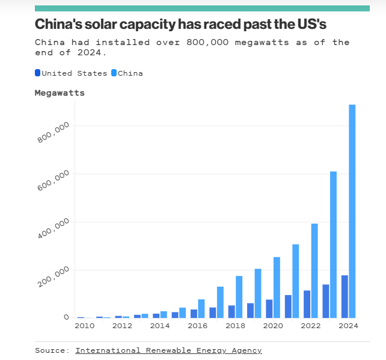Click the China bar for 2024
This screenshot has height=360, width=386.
point(352,211)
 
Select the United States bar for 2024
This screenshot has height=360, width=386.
point(345,296)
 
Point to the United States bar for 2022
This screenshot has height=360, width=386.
point(307,304)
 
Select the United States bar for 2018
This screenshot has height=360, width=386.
point(231,311)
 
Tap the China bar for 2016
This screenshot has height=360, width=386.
point(201,308)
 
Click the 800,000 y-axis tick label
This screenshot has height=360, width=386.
point(54,132)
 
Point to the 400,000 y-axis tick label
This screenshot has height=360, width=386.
point(54,228)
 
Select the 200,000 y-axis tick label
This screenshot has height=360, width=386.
point(54,276)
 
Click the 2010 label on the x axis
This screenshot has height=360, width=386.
point(84,326)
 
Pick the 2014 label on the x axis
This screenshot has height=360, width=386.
point(160,326)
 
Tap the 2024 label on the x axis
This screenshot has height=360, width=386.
point(348,326)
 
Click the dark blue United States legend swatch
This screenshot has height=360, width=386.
point(37,73)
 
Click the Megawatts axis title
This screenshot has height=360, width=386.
point(60,93)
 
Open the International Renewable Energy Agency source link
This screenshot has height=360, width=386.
point(168,350)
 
